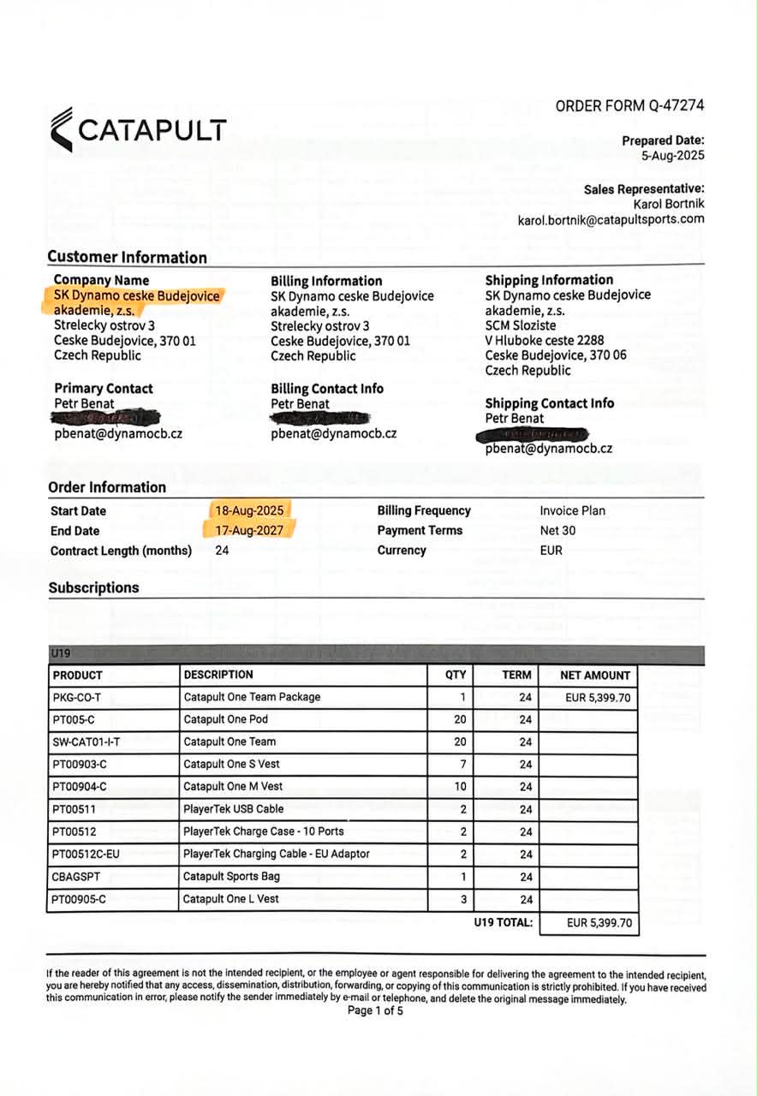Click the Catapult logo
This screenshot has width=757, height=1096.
click(x=138, y=129)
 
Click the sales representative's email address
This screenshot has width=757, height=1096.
click(x=611, y=219)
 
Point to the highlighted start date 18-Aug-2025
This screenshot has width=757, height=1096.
click(x=251, y=510)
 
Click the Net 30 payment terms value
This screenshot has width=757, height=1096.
click(x=557, y=531)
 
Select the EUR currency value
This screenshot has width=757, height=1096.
click(x=551, y=551)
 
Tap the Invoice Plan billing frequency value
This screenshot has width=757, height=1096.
click(x=572, y=510)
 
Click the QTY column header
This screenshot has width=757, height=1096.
click(x=456, y=675)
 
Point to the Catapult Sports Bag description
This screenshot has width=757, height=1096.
click(x=231, y=877)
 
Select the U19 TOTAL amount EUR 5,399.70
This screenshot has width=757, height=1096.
click(x=599, y=923)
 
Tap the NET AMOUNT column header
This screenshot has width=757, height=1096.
click(x=595, y=675)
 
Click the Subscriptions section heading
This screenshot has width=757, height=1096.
click(x=93, y=588)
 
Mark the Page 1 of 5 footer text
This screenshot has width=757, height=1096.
click(x=375, y=1010)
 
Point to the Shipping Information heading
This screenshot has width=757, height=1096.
click(x=549, y=280)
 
